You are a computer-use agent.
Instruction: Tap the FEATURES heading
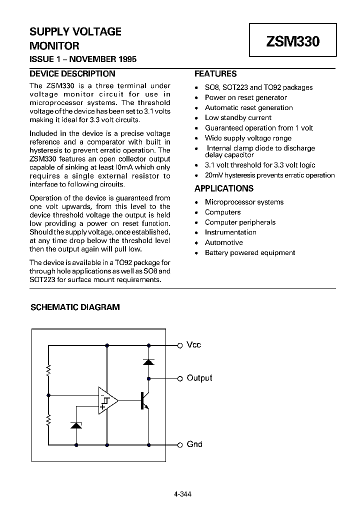click(x=215, y=73)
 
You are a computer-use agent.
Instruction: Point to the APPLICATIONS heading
click(x=223, y=188)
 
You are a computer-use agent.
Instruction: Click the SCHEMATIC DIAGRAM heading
click(x=75, y=307)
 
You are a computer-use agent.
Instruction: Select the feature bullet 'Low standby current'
click(x=238, y=118)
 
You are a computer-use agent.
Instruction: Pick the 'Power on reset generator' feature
click(x=245, y=97)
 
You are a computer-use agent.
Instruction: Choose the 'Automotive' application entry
click(x=223, y=242)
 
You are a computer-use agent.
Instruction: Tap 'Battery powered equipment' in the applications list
click(x=249, y=252)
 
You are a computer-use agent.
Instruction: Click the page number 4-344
click(x=182, y=480)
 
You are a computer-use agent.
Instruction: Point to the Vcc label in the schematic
click(x=193, y=345)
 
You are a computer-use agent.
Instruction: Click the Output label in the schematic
click(x=199, y=378)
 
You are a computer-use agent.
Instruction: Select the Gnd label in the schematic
click(x=194, y=444)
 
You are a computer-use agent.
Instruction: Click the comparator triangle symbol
click(x=106, y=400)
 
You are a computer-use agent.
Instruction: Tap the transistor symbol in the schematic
click(x=144, y=400)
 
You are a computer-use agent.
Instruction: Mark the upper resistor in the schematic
click(x=48, y=370)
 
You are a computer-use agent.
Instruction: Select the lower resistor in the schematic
click(x=48, y=420)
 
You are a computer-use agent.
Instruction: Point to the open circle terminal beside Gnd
click(x=180, y=444)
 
